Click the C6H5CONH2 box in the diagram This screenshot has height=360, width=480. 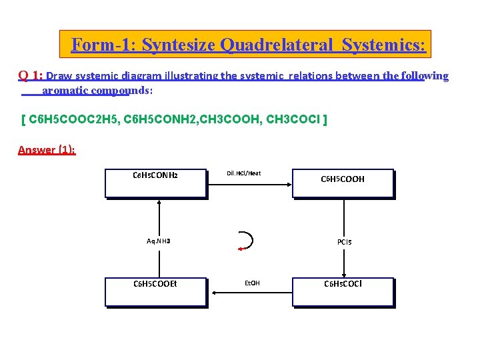click(x=155, y=183)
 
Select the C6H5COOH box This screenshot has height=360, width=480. click(x=343, y=183)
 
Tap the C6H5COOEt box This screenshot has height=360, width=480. click(x=155, y=291)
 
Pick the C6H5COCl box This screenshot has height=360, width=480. click(x=343, y=291)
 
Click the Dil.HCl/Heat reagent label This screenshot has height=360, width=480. click(x=243, y=173)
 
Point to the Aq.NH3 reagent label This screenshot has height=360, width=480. click(x=158, y=241)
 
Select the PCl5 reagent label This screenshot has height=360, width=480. click(x=344, y=242)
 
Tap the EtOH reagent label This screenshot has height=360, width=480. click(x=252, y=283)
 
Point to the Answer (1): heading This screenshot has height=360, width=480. click(x=47, y=150)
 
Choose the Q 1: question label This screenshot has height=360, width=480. click(x=30, y=76)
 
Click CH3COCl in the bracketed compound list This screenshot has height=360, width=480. click(x=291, y=120)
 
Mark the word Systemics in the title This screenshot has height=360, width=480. click(x=383, y=45)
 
